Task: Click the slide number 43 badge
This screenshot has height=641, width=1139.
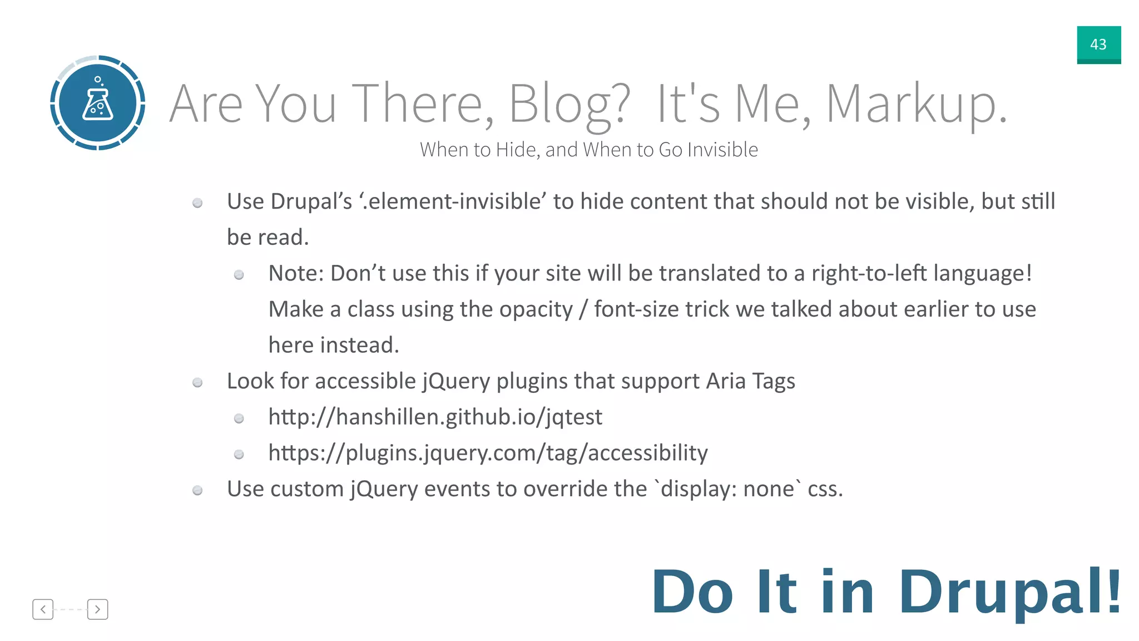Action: [x=1098, y=45]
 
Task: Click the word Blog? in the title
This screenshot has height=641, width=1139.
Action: [x=569, y=103]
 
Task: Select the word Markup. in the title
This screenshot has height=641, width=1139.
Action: [x=917, y=103]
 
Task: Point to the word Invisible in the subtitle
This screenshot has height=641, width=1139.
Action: [x=722, y=150]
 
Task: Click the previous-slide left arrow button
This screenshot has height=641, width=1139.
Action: [x=43, y=609]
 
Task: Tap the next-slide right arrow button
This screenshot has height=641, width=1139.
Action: [x=97, y=609]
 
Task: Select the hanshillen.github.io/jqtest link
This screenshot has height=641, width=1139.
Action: [x=435, y=417]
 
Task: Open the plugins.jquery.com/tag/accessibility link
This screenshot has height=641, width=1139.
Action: [x=488, y=453]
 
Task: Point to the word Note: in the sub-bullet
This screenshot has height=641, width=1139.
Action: [x=295, y=273]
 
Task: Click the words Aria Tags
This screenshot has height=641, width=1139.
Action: [x=750, y=381]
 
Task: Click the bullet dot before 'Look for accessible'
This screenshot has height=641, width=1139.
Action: [x=197, y=382]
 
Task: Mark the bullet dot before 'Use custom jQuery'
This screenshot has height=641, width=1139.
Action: [x=197, y=490]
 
